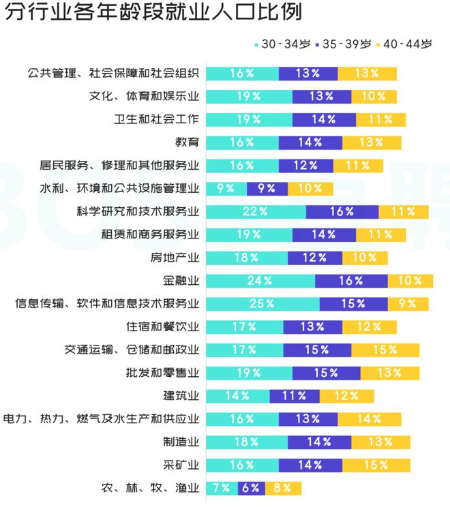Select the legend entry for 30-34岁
[283, 44]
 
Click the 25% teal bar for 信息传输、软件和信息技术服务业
[262, 304]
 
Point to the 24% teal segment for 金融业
[260, 281]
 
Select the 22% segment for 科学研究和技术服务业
[256, 212]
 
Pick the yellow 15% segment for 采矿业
[376, 465]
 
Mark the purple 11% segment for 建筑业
[295, 396]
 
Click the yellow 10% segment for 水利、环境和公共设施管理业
[310, 189]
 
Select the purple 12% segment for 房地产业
[315, 258]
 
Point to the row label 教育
[187, 142]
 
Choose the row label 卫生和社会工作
[157, 119]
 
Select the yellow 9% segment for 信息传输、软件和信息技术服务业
[408, 304]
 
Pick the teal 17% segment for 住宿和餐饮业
[245, 327]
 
